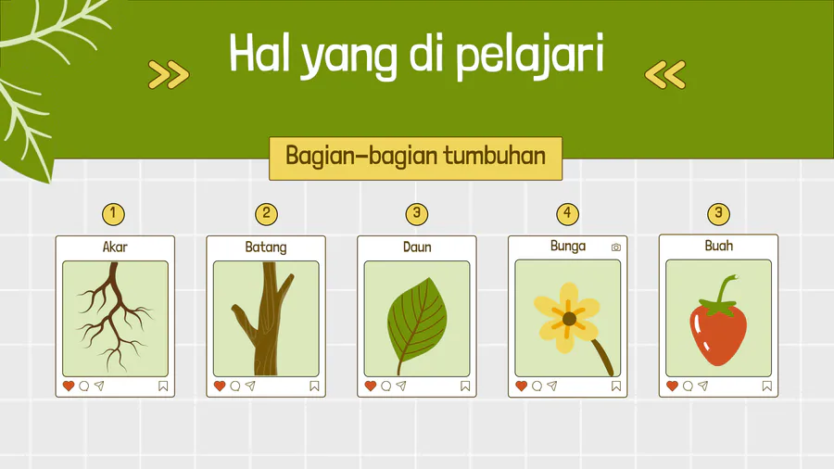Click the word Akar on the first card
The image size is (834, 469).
[x=115, y=247]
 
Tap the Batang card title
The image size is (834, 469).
[x=266, y=247]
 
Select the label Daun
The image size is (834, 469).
[x=417, y=247]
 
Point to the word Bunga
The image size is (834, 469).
[x=568, y=247]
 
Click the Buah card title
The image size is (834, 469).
[x=718, y=245]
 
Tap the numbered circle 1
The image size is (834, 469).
[x=113, y=214]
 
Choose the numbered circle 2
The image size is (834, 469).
[x=267, y=214]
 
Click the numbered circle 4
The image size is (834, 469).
[x=567, y=214]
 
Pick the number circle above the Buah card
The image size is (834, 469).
[x=718, y=214]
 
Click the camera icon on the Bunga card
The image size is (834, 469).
[x=616, y=247]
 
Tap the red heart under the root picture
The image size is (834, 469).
[x=69, y=386]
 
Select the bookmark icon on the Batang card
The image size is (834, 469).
[x=314, y=387]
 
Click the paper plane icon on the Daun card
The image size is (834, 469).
[x=401, y=386]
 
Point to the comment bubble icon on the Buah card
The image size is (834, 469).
[x=688, y=387]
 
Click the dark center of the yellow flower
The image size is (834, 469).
[x=569, y=319]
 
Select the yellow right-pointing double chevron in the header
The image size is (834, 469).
[x=169, y=74]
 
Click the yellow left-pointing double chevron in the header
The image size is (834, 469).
[x=664, y=74]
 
